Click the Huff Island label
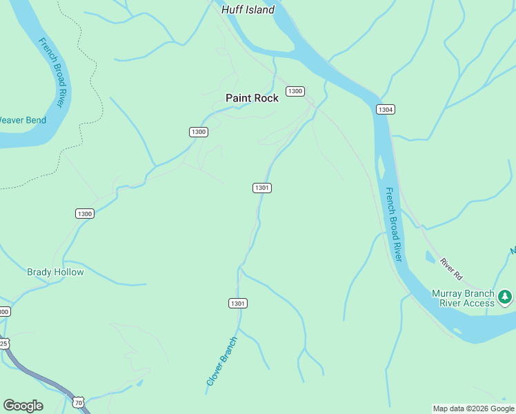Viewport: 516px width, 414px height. tap(248, 10)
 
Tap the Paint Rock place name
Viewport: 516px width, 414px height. tap(252, 98)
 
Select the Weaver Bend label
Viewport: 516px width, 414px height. tap(21, 120)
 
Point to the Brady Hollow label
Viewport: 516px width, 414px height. tap(55, 272)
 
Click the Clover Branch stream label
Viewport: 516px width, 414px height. tap(221, 361)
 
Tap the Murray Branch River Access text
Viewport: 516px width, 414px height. tap(463, 298)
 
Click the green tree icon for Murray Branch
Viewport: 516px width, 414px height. tap(506, 297)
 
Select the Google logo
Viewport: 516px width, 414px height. tap(23, 406)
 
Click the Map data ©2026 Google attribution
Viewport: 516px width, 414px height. tap(473, 408)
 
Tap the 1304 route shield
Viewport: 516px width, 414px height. tap(385, 109)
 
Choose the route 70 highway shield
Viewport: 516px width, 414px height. tap(78, 402)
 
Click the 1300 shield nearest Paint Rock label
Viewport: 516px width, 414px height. tap(295, 91)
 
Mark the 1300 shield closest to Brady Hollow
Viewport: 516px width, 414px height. tap(84, 214)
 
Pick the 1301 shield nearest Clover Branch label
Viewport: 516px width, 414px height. tap(238, 303)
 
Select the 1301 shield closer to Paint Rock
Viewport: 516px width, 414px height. tap(261, 188)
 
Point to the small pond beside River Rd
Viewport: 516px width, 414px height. tap(430, 258)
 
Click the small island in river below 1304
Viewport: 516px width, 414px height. tap(381, 166)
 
